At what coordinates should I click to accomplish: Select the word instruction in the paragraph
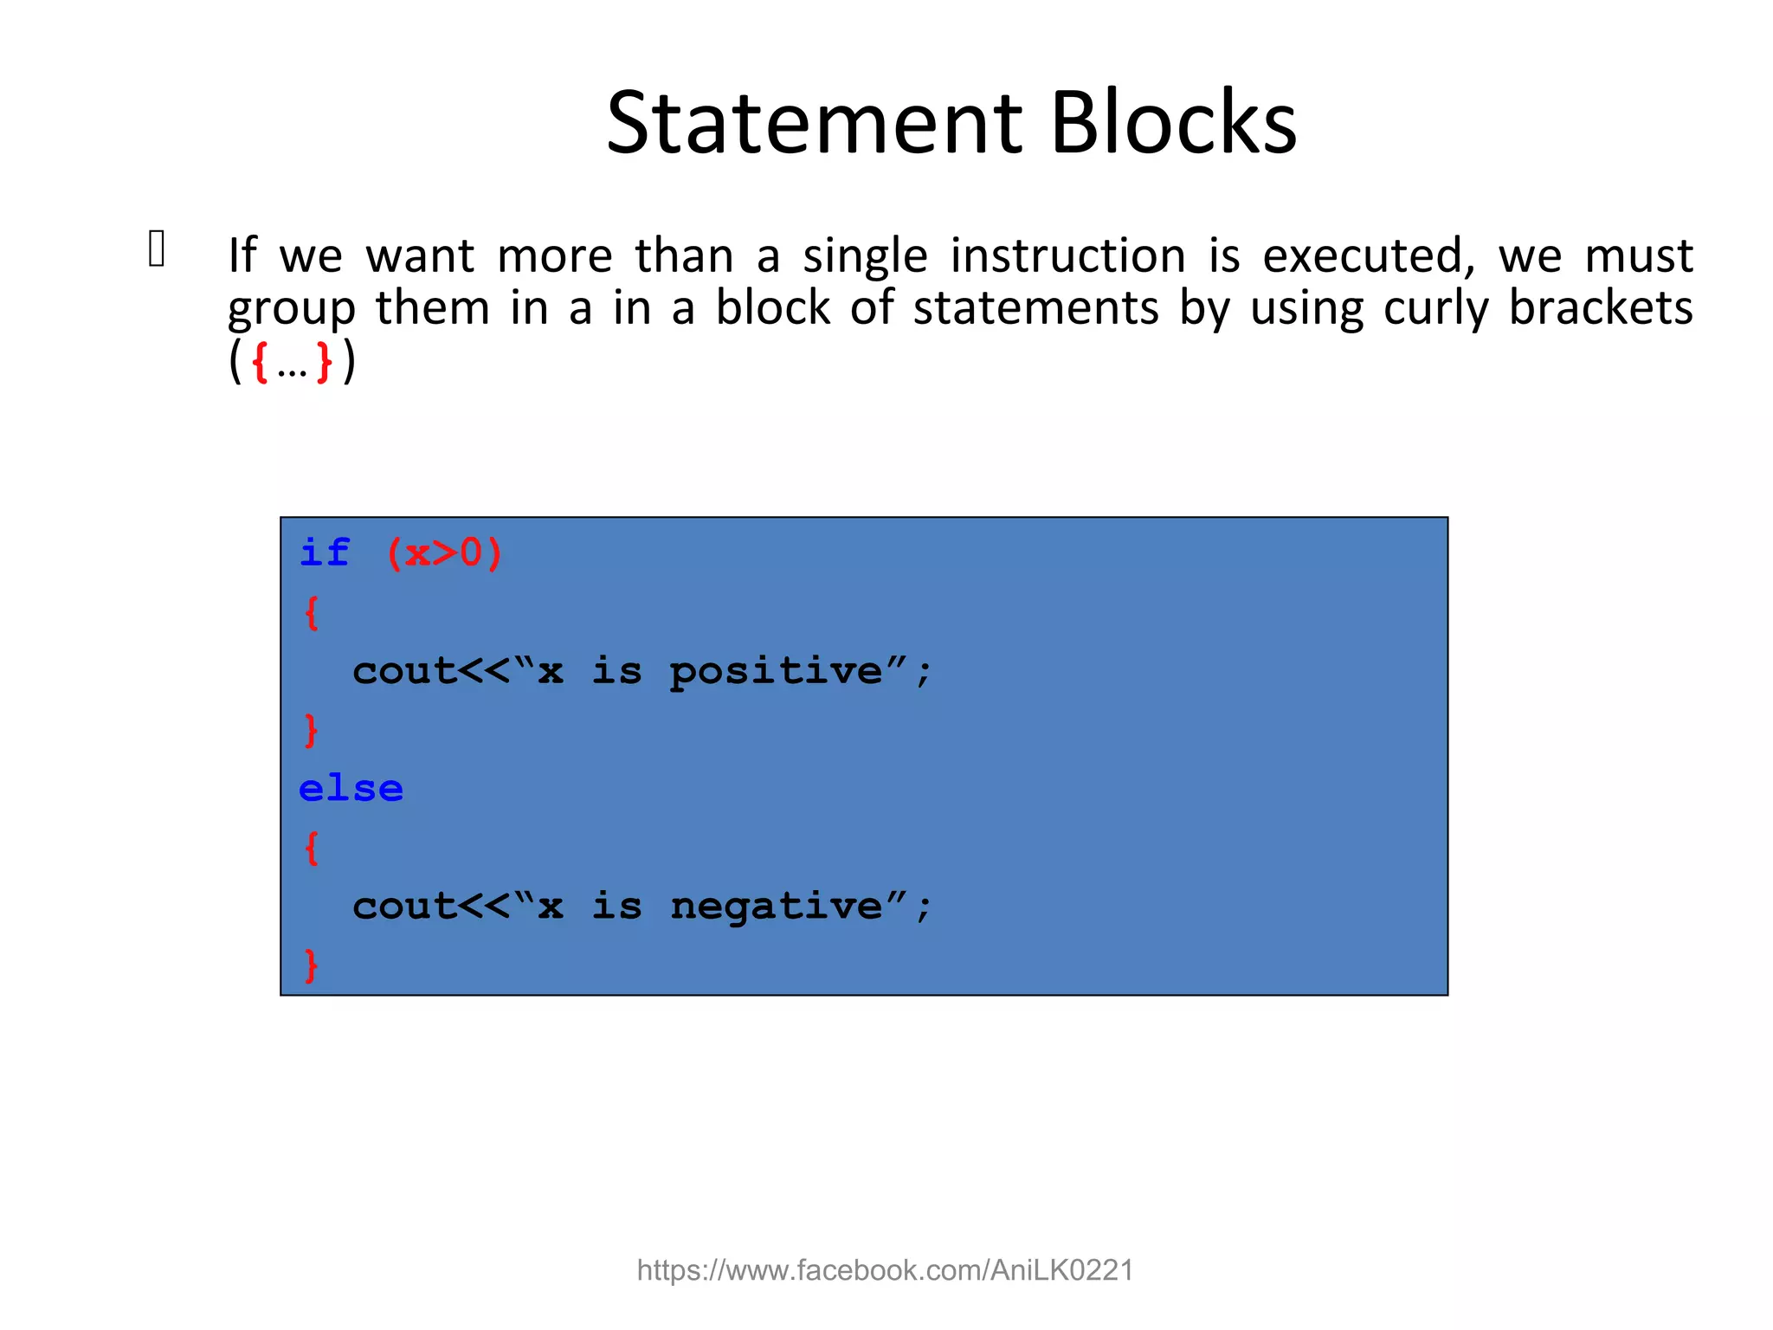[1067, 256]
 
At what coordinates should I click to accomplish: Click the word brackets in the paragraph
[1600, 307]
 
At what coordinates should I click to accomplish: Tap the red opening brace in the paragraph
[259, 362]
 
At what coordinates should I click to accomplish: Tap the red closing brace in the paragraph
[324, 362]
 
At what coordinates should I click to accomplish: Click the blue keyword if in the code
[325, 552]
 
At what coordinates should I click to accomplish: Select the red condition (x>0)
[444, 552]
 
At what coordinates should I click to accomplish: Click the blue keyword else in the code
[351, 789]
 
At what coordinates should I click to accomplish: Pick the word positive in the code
[776, 672]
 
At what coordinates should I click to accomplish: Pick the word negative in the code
[776, 907]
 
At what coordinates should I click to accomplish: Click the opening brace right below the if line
[312, 612]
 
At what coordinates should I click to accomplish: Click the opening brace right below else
[312, 848]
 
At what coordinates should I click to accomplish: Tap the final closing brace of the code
[312, 965]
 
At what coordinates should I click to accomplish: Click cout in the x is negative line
[403, 907]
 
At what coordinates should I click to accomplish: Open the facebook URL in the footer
[885, 1270]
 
